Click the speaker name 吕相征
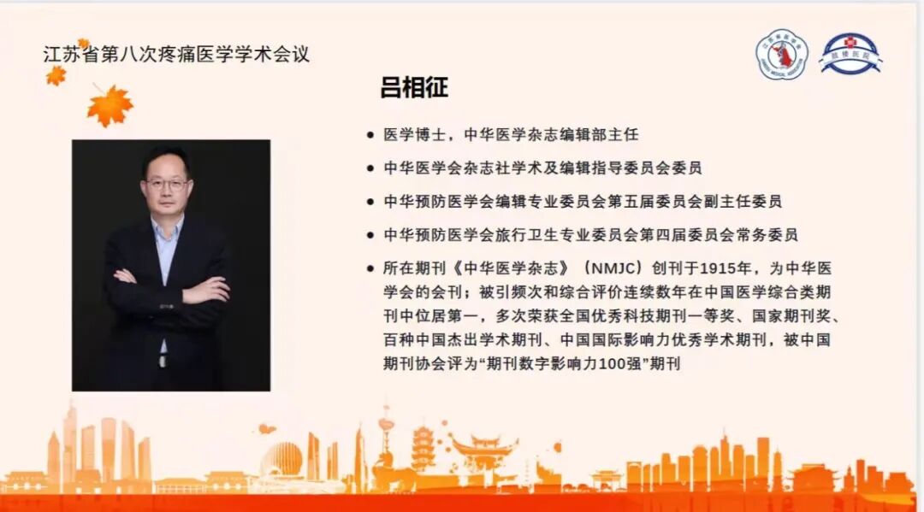point(415,88)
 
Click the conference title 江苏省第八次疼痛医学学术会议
point(176,55)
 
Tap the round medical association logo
point(781,55)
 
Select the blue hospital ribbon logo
point(850,53)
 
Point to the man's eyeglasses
point(167,183)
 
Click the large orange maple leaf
point(110,106)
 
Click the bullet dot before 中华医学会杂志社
point(370,168)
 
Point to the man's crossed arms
point(171,286)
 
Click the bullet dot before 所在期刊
point(370,268)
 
